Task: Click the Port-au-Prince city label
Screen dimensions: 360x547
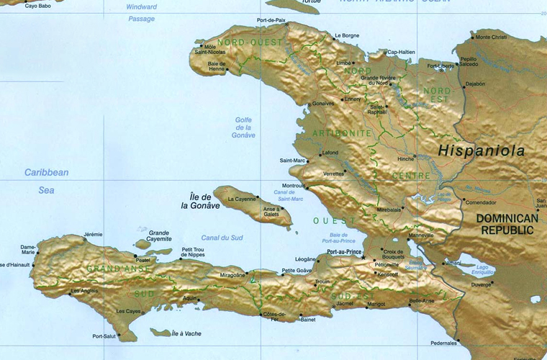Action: (x=343, y=252)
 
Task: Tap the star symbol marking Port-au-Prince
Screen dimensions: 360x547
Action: (x=365, y=257)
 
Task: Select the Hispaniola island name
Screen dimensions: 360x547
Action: (x=482, y=151)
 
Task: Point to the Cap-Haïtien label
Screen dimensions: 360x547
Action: (x=402, y=52)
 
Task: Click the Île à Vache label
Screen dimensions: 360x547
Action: (x=186, y=334)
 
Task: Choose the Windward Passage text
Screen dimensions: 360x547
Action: (x=141, y=13)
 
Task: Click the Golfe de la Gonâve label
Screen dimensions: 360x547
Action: (x=244, y=127)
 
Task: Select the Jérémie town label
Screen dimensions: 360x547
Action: (x=93, y=234)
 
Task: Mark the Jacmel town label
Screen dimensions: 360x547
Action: (x=345, y=304)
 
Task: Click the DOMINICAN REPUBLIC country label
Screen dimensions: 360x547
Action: (x=508, y=224)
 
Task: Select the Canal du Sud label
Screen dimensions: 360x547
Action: (x=222, y=238)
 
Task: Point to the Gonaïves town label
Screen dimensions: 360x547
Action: (x=323, y=104)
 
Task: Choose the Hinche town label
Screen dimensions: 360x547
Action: (x=406, y=158)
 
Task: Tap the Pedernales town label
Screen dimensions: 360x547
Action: (x=443, y=343)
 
